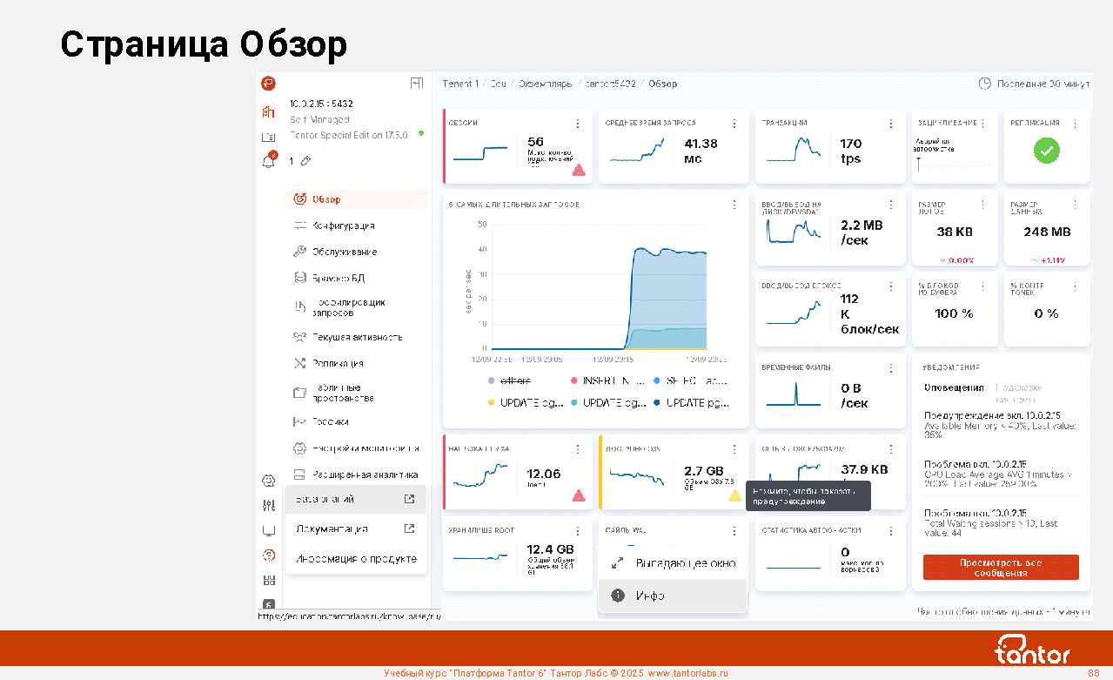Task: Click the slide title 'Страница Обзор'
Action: (204, 44)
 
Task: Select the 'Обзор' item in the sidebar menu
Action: (326, 199)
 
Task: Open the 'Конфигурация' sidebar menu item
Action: (344, 226)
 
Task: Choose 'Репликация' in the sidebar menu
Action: (338, 363)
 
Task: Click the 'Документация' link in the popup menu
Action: (332, 529)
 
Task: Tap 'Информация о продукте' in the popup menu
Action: (356, 558)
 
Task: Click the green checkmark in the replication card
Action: (1046, 151)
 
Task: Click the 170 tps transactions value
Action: (851, 151)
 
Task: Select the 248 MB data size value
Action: (1047, 232)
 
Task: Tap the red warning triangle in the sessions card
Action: (579, 171)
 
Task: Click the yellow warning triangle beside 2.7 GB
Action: (734, 495)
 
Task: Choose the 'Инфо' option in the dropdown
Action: (650, 596)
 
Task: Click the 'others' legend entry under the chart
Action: (515, 380)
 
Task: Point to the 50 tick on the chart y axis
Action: (482, 225)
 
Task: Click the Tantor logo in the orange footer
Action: (1032, 650)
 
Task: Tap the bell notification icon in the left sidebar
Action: (269, 161)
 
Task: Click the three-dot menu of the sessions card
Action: (578, 124)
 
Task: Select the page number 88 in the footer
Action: (1094, 673)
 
